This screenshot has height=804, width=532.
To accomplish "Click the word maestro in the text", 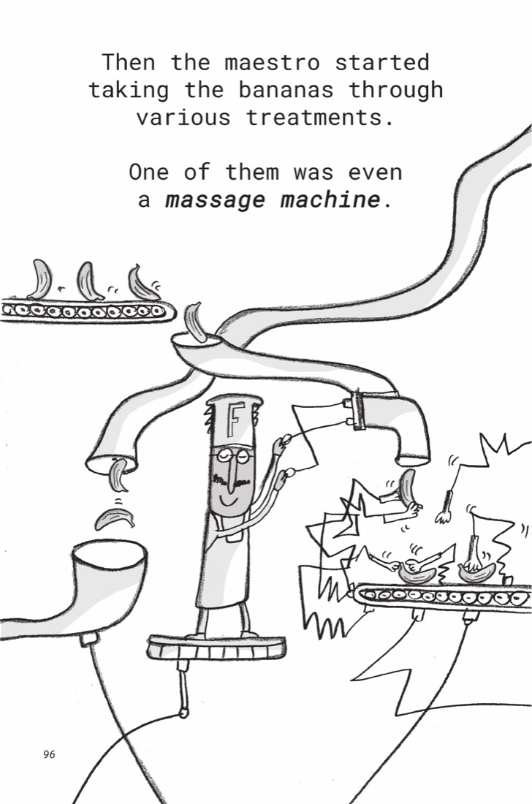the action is click(272, 63).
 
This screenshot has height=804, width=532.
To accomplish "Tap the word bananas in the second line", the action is click(286, 90).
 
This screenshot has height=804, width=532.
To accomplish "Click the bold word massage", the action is click(216, 200).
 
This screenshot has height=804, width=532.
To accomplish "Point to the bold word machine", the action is click(330, 199).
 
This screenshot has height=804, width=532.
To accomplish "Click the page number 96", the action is click(49, 754).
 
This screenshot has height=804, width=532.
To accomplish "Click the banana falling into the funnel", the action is click(196, 322).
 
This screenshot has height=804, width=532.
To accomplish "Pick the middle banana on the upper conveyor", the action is click(89, 281).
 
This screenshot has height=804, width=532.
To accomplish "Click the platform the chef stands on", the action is click(216, 646).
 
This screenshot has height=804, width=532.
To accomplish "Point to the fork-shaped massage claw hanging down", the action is click(445, 509).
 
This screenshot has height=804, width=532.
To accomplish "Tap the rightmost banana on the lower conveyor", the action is click(476, 572).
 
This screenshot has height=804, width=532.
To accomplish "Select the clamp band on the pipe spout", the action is click(359, 410).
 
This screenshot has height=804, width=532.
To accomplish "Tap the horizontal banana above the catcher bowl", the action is click(115, 519).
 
